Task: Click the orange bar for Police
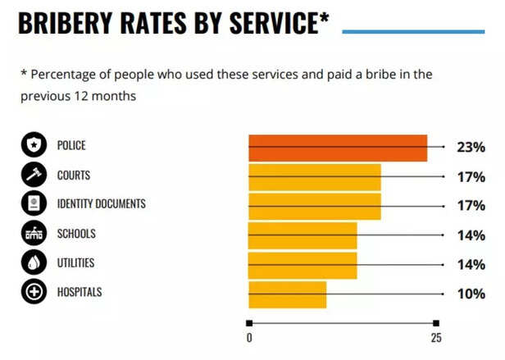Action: pyautogui.click(x=338, y=148)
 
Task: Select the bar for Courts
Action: pyautogui.click(x=315, y=177)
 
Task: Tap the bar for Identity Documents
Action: pyautogui.click(x=315, y=207)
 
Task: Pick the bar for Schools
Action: pyautogui.click(x=303, y=235)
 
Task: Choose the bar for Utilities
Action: pyautogui.click(x=303, y=265)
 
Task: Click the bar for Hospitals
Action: pyautogui.click(x=288, y=294)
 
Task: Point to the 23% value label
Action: pyautogui.click(x=471, y=148)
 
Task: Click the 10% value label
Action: pyautogui.click(x=471, y=294)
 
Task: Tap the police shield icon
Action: pyautogui.click(x=34, y=144)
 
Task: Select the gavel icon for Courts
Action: pyautogui.click(x=34, y=175)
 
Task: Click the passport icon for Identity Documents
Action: pyautogui.click(x=34, y=203)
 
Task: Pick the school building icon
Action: pyautogui.click(x=34, y=233)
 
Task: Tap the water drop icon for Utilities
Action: pyautogui.click(x=34, y=262)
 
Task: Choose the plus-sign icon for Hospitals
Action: pyautogui.click(x=34, y=292)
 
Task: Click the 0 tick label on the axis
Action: pyautogui.click(x=249, y=338)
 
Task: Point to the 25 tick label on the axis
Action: pyautogui.click(x=436, y=338)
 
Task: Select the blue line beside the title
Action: pyautogui.click(x=413, y=32)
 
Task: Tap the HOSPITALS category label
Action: pyautogui.click(x=80, y=292)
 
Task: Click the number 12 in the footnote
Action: pyautogui.click(x=80, y=96)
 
